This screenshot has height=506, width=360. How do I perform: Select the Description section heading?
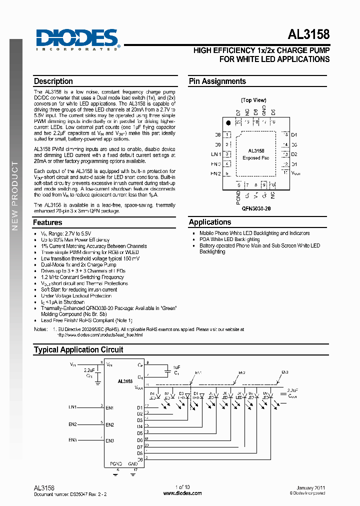[x=53, y=81]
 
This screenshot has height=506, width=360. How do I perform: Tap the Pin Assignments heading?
[x=217, y=81]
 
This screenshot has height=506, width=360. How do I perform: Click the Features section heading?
[x=48, y=222]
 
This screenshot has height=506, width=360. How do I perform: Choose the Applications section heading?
[x=210, y=222]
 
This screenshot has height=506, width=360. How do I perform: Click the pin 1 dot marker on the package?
[x=228, y=122]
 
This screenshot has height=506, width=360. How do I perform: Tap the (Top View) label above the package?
[x=253, y=100]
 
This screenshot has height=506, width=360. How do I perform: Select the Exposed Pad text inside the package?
[x=256, y=158]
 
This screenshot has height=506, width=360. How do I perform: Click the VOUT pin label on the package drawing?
[x=295, y=173]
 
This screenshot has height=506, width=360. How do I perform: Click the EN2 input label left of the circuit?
[x=72, y=424]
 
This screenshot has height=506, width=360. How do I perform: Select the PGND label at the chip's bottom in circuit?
[x=116, y=463]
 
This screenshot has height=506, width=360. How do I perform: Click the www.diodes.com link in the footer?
[x=182, y=493]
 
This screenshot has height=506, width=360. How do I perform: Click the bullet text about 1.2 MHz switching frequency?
[x=82, y=277]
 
